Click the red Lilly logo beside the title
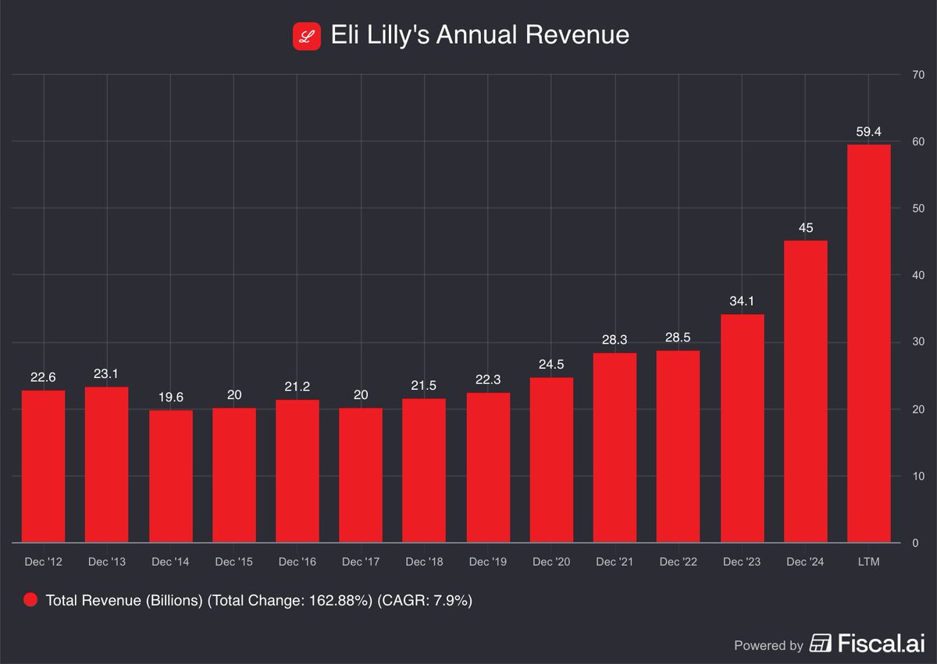(x=307, y=36)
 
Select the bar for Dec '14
(x=170, y=477)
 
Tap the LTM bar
(x=868, y=344)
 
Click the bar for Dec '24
(x=805, y=391)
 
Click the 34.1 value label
(x=742, y=302)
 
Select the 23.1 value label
(x=107, y=375)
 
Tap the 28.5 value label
(x=678, y=338)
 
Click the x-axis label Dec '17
(x=361, y=562)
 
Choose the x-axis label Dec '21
(x=615, y=562)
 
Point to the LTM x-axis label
(x=868, y=562)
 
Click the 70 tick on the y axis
(x=919, y=75)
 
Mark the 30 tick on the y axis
(x=919, y=342)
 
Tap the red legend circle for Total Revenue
(x=30, y=600)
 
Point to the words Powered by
(x=768, y=645)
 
